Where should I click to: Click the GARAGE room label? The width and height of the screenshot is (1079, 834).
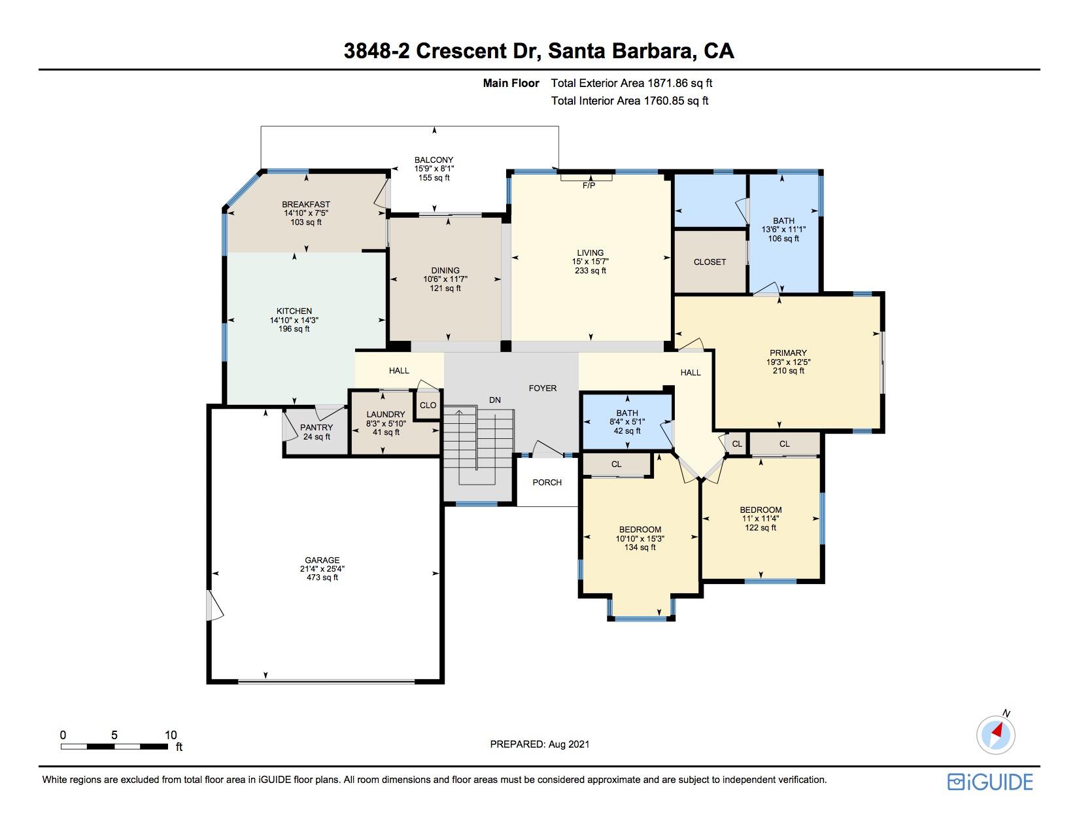coord(322,560)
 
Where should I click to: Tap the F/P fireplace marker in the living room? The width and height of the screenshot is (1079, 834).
coord(589,185)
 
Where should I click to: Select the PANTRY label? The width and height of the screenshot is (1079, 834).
coord(317,427)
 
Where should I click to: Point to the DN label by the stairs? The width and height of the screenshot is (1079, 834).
coord(495,400)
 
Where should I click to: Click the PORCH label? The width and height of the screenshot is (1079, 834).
coord(547,482)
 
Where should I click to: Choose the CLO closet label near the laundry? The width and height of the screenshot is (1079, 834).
coord(428,406)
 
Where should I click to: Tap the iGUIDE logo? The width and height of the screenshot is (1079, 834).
coord(990,782)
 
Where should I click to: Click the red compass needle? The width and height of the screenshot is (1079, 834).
coord(997,730)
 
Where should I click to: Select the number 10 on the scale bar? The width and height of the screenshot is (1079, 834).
coord(171,735)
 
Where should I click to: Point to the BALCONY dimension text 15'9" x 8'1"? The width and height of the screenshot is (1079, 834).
coord(434,169)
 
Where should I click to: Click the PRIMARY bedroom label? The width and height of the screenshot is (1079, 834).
coord(788,353)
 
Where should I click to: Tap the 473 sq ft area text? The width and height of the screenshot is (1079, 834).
coord(322,577)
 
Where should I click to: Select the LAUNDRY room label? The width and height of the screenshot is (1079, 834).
coord(386,414)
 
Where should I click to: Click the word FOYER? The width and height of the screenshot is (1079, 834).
coord(543,388)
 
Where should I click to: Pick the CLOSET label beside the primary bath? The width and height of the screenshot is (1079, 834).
coord(710,262)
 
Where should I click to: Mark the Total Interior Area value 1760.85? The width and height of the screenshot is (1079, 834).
coord(663,101)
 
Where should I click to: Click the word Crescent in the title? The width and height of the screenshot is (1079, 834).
coord(461,50)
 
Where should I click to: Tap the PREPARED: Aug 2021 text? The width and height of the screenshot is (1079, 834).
coord(539,744)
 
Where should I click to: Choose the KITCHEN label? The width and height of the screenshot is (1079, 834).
coord(294,311)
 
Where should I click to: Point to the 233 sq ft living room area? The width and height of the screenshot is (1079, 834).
coord(591,271)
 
